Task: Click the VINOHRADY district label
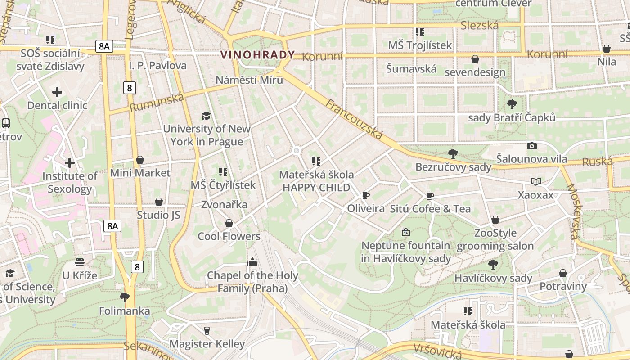[258, 55]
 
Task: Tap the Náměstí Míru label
[249, 80]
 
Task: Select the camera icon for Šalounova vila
[531, 146]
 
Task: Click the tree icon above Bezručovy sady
[453, 154]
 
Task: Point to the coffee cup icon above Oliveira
[365, 195]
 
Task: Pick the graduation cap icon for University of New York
[206, 116]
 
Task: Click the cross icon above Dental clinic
[57, 93]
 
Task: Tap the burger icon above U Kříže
[80, 262]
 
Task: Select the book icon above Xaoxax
[535, 182]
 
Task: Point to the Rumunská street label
[157, 103]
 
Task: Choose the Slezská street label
[480, 26]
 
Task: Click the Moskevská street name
[574, 211]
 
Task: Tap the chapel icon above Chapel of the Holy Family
[252, 262]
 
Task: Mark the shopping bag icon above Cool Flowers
[229, 223]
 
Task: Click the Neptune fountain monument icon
[406, 232]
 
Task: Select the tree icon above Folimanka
[125, 297]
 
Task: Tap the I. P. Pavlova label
[157, 66]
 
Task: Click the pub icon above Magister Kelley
[207, 331]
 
